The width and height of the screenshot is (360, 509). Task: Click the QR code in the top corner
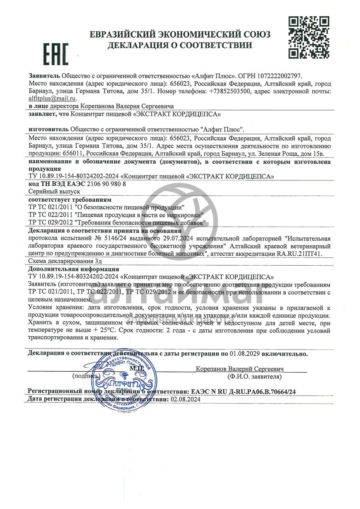click(x=309, y=37)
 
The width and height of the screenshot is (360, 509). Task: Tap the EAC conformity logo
click(x=56, y=54)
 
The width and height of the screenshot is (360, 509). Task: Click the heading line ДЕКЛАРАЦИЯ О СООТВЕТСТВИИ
click(x=180, y=45)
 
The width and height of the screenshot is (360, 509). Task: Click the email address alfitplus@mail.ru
click(x=52, y=98)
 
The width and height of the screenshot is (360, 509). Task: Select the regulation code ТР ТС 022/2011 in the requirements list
click(x=50, y=214)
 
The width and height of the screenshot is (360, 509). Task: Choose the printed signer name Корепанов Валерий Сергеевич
click(x=240, y=369)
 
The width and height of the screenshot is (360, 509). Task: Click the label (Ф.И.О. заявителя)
click(x=254, y=377)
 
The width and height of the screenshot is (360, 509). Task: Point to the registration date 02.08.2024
click(x=185, y=399)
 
